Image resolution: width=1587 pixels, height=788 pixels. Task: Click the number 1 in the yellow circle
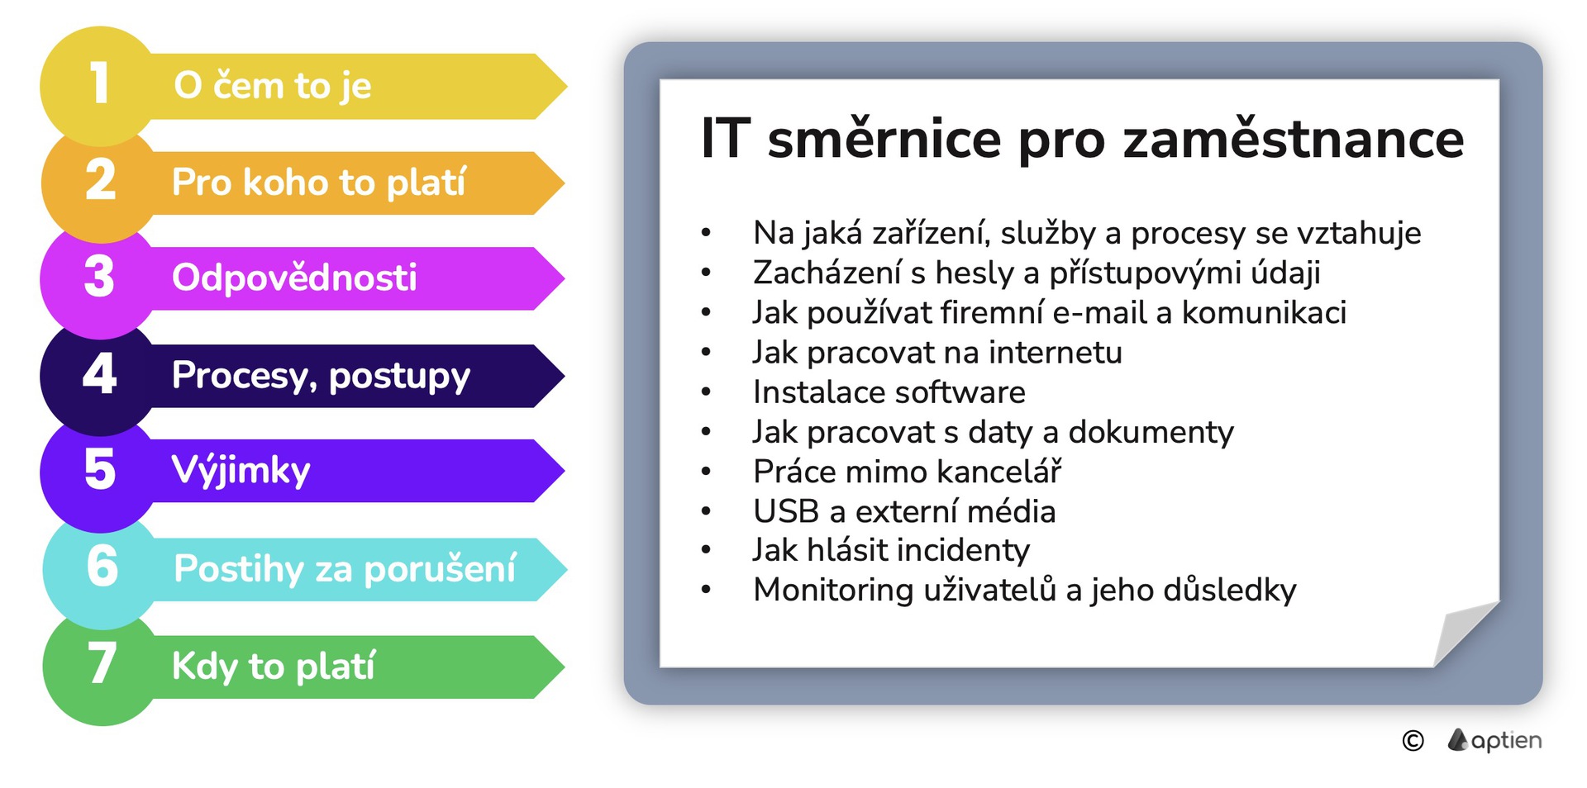99,83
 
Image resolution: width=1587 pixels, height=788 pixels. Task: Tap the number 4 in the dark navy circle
99,373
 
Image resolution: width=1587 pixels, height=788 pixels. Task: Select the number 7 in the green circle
102,663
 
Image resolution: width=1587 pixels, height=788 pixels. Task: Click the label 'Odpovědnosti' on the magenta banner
294,278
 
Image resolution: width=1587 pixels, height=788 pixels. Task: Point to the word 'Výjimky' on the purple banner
241,471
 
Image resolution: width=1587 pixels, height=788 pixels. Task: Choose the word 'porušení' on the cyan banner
440,568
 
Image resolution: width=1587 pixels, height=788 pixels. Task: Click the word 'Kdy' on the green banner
205,666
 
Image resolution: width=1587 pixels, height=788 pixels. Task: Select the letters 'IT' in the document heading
726,138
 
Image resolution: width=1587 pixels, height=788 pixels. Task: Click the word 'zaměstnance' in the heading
1294,138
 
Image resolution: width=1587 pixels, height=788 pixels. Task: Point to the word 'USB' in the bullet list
786,511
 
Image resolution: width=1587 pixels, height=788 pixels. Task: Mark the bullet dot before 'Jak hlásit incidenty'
706,550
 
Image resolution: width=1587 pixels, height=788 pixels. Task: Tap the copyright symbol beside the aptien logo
1413,741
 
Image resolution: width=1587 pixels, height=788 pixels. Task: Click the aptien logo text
1506,741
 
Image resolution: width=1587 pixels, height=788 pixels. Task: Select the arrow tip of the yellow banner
566,86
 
